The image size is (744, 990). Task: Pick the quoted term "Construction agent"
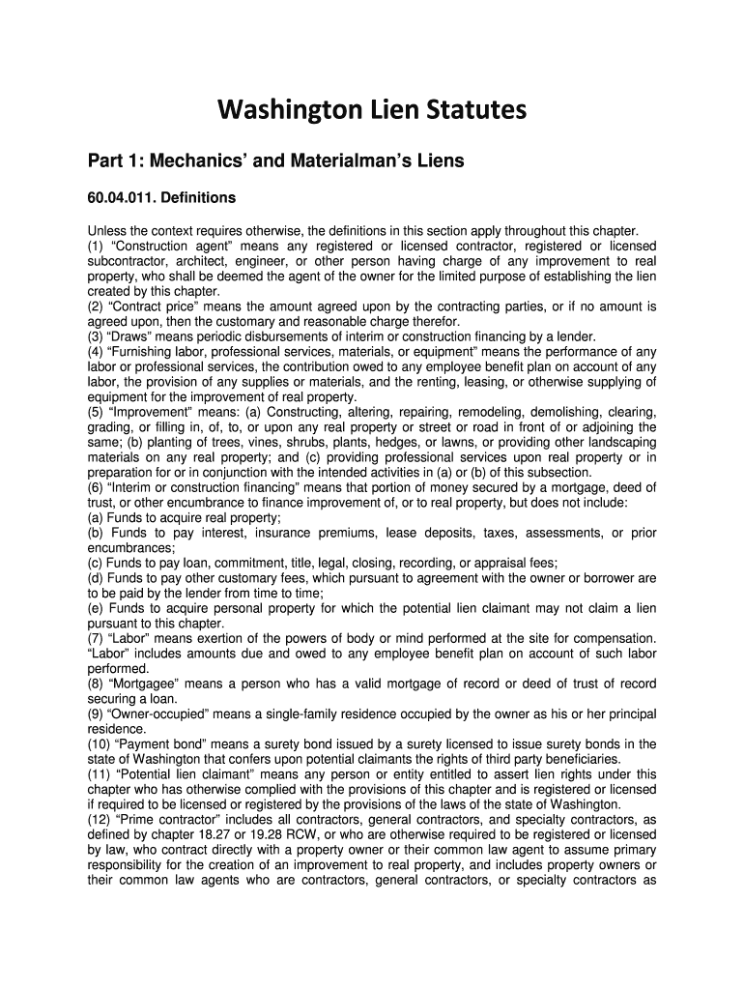click(x=161, y=247)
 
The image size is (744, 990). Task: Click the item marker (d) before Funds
click(x=96, y=578)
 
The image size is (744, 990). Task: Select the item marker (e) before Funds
click(x=96, y=608)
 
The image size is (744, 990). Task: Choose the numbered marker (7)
click(x=96, y=638)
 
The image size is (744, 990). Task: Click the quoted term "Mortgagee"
click(x=150, y=684)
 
